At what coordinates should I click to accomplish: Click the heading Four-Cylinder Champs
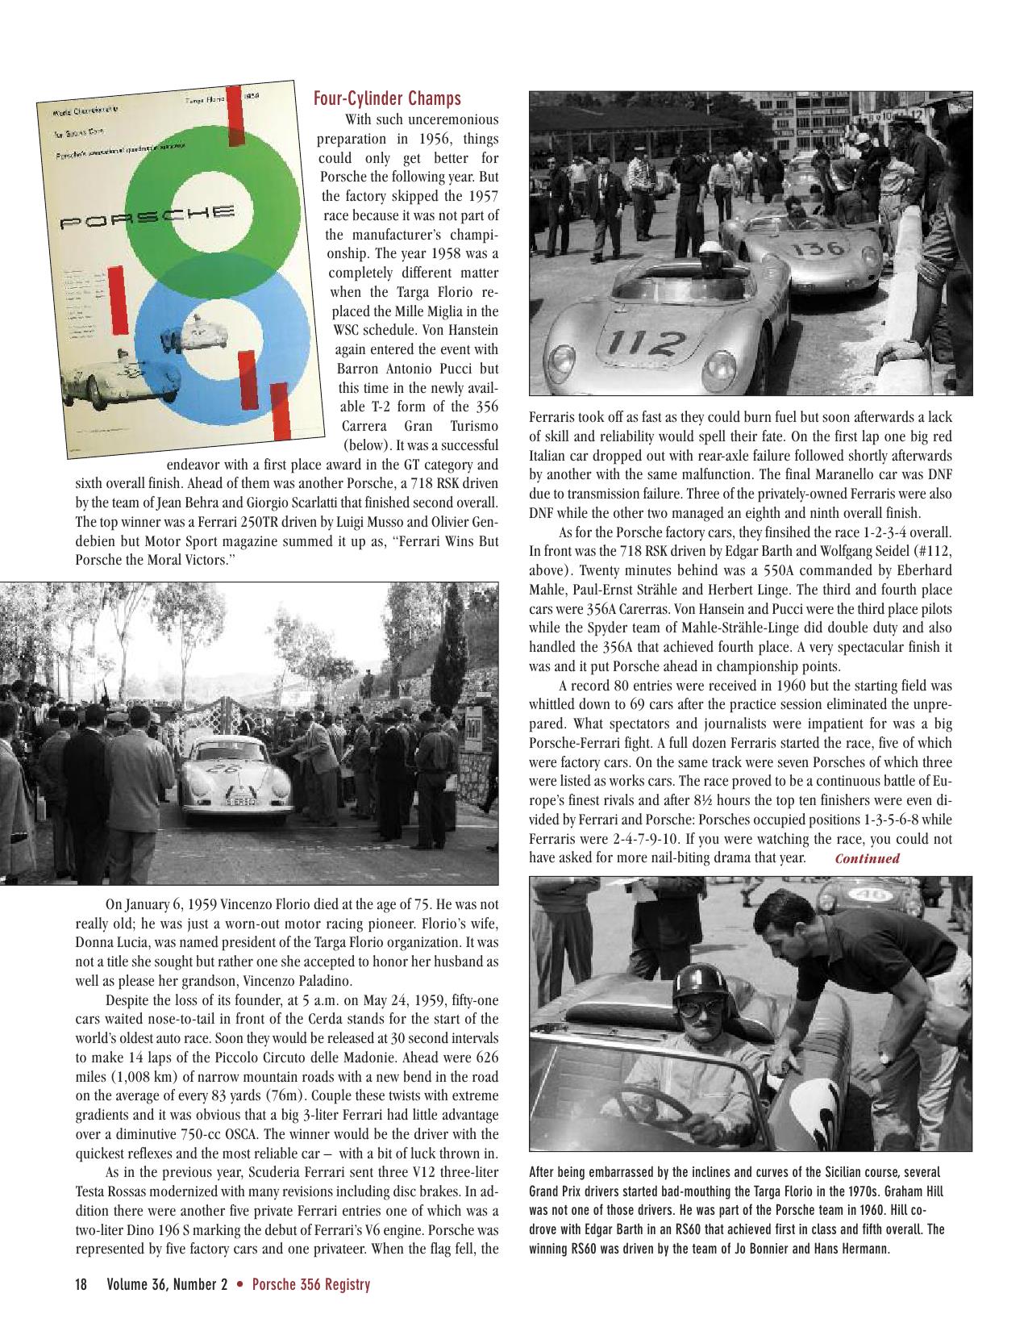(x=387, y=98)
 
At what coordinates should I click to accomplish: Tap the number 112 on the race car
(x=654, y=343)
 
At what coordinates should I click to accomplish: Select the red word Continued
(x=867, y=858)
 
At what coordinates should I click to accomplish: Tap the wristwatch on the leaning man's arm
(x=885, y=1054)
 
